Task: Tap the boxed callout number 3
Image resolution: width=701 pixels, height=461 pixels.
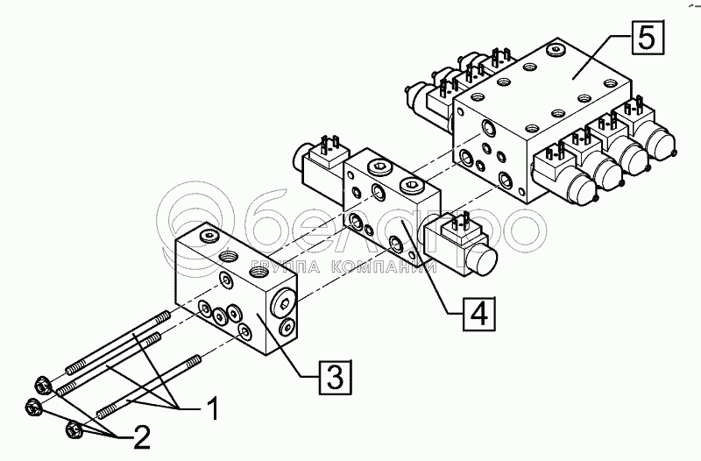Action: (x=335, y=377)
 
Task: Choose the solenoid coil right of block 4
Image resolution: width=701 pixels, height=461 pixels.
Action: (x=459, y=246)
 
